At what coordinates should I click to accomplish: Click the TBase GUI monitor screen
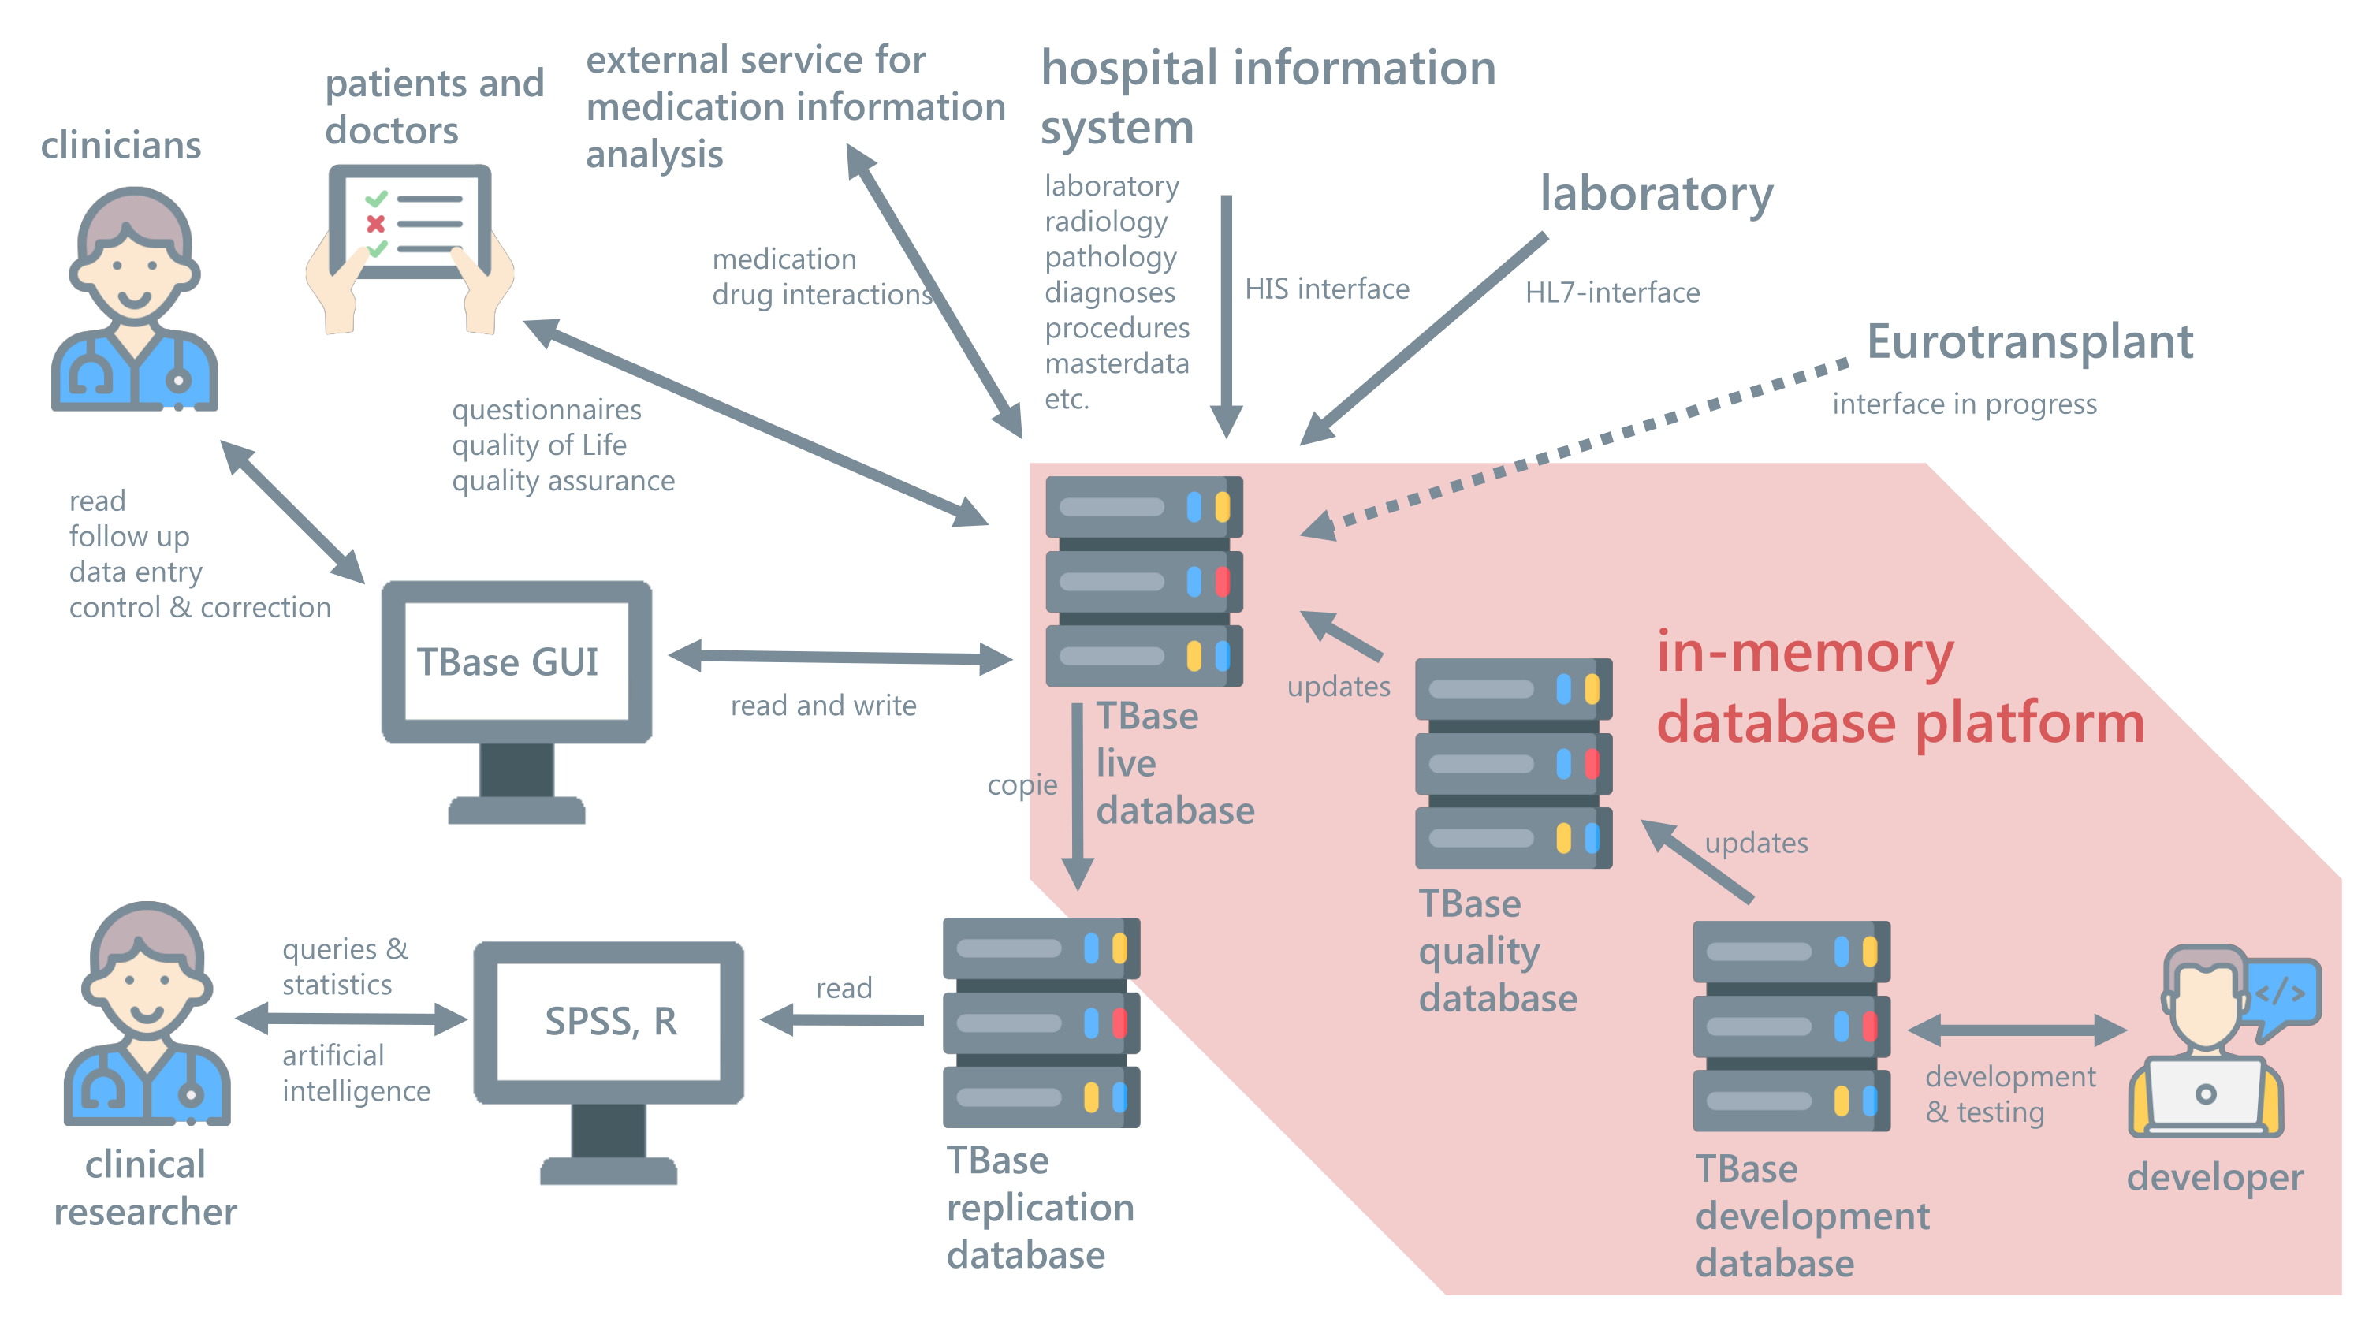pos(516,661)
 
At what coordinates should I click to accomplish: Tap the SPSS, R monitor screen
pos(609,1021)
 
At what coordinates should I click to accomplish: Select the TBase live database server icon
pos(1143,581)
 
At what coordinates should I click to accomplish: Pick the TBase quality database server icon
pos(1513,762)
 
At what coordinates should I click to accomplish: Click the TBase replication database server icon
pos(1041,1022)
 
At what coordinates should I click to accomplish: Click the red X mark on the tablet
pos(374,223)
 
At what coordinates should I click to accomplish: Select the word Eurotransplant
pos(2030,341)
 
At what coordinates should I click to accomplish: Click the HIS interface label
pos(1327,289)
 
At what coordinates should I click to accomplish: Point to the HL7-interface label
pos(1612,292)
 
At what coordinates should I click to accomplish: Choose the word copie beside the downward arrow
pos(1022,784)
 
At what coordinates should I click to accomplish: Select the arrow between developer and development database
pos(2017,1030)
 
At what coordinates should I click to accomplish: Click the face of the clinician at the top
pos(134,275)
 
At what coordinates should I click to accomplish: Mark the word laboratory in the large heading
pos(1656,195)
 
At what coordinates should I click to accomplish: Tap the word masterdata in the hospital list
pos(1116,363)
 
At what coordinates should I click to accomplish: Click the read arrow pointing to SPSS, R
pos(843,1019)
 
